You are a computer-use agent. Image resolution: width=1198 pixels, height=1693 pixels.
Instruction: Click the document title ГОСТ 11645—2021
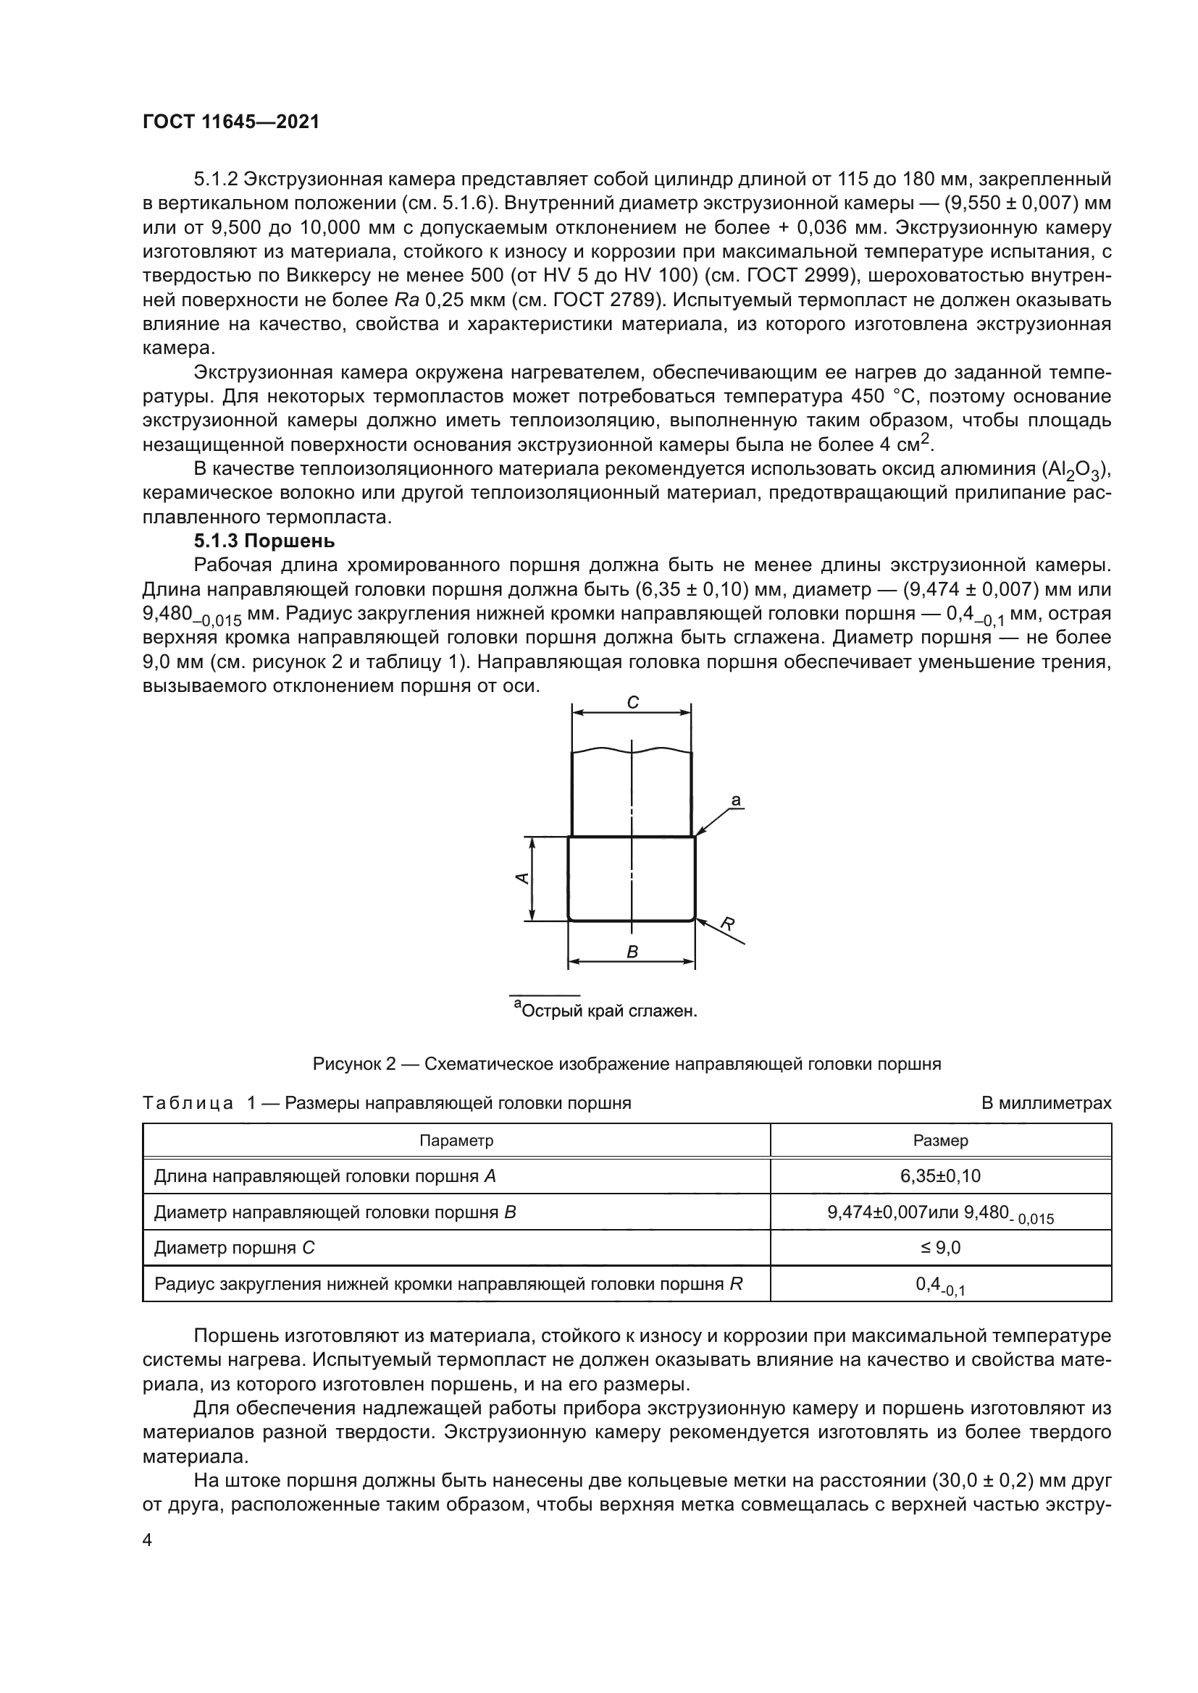(x=231, y=122)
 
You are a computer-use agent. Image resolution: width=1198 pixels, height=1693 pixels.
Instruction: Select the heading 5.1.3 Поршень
(x=264, y=541)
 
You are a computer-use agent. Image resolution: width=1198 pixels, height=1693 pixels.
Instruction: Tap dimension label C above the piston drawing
(x=632, y=703)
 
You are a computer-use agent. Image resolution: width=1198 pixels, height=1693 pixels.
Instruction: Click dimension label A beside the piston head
(x=521, y=877)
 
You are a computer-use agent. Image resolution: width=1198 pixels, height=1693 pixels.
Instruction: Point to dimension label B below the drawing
(x=632, y=952)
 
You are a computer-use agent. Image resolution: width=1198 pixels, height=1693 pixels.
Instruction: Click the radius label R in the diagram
(x=727, y=924)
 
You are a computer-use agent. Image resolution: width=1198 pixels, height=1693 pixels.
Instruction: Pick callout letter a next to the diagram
(x=735, y=800)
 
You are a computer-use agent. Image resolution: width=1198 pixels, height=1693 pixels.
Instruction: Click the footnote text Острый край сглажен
(x=608, y=1011)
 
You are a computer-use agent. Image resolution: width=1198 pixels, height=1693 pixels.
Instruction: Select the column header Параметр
(x=456, y=1141)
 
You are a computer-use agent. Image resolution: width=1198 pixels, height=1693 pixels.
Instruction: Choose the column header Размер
(x=941, y=1141)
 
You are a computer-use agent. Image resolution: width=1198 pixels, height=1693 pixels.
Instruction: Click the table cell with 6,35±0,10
(x=941, y=1176)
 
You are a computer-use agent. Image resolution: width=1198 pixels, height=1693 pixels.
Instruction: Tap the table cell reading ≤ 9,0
(x=941, y=1248)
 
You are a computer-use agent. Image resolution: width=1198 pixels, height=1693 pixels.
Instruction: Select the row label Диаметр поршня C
(x=235, y=1248)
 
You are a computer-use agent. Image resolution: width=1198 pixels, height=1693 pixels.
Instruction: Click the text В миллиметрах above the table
(x=1046, y=1103)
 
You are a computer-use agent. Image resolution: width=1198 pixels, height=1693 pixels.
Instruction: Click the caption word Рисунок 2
(x=354, y=1064)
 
